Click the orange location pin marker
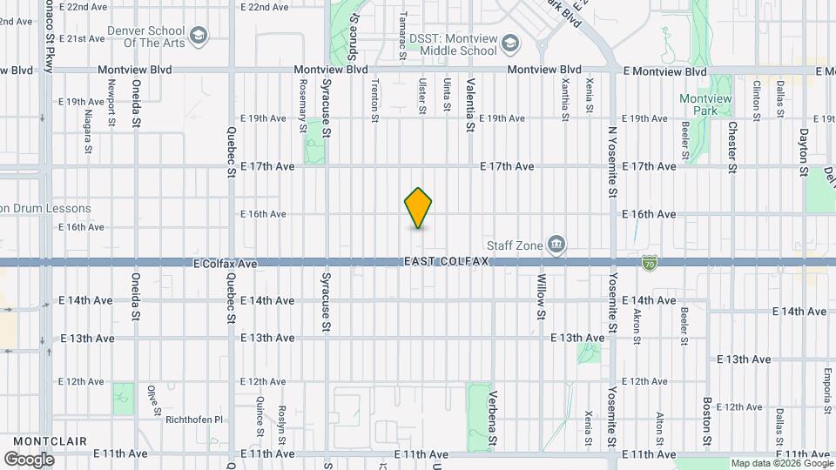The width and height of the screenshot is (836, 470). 419,208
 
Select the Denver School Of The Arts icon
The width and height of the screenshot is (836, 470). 199,36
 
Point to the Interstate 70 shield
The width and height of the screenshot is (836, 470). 649,261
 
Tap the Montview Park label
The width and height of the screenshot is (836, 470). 705,105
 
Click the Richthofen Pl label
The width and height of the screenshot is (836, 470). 195,419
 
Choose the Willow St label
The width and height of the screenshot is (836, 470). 541,295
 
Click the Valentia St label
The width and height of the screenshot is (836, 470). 470,105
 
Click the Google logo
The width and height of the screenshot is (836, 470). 29,459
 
